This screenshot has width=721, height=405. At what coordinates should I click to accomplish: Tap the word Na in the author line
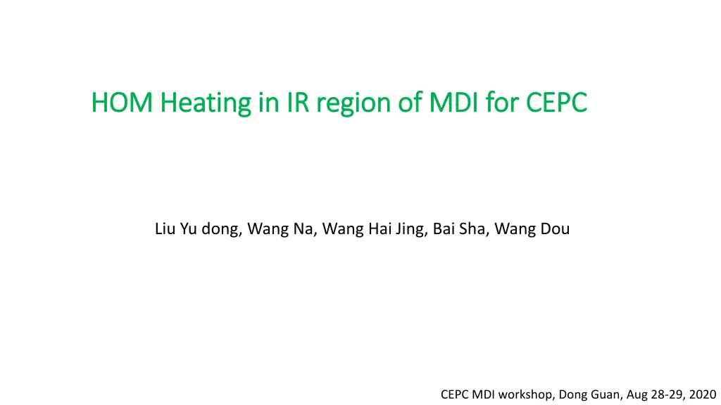(x=305, y=229)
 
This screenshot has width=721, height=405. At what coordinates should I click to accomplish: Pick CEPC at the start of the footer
(x=455, y=394)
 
